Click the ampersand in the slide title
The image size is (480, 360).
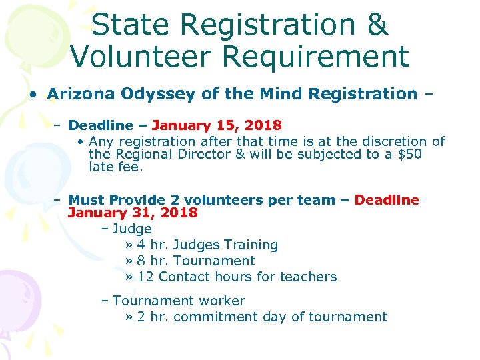(x=377, y=25)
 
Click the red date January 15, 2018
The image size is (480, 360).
(x=217, y=125)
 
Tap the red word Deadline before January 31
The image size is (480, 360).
(x=387, y=200)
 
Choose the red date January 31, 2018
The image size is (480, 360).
(x=133, y=213)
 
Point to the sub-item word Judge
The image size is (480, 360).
(x=132, y=229)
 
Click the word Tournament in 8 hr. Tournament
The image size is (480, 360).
(x=215, y=261)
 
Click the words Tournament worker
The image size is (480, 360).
(x=179, y=301)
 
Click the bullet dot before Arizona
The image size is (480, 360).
(x=33, y=95)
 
